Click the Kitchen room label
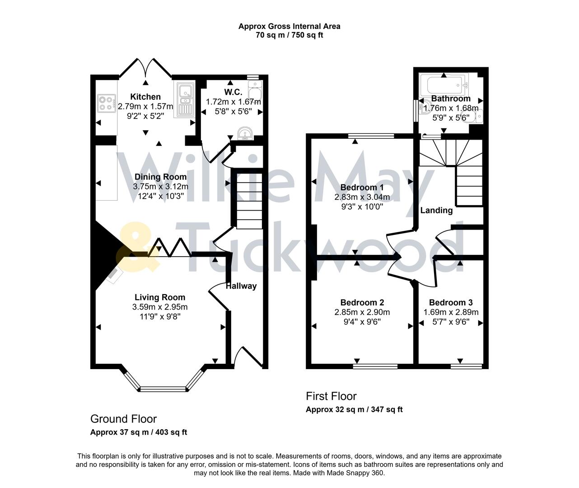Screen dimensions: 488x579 145,97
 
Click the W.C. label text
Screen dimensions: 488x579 233,92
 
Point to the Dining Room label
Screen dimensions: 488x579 160,177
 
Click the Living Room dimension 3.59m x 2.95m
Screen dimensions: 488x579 160,307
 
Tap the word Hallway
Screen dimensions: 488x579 241,286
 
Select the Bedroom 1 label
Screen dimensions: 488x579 362,188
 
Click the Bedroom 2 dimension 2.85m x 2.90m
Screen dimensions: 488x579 362,312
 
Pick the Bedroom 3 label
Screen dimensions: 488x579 451,302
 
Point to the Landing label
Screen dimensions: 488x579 436,210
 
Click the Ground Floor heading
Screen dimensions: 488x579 123,419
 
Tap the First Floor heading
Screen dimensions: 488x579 331,396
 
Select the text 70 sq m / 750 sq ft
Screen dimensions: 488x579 289,35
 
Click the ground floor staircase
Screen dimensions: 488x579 247,199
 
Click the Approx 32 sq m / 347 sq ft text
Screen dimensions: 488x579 354,410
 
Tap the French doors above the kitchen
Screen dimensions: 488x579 146,68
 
